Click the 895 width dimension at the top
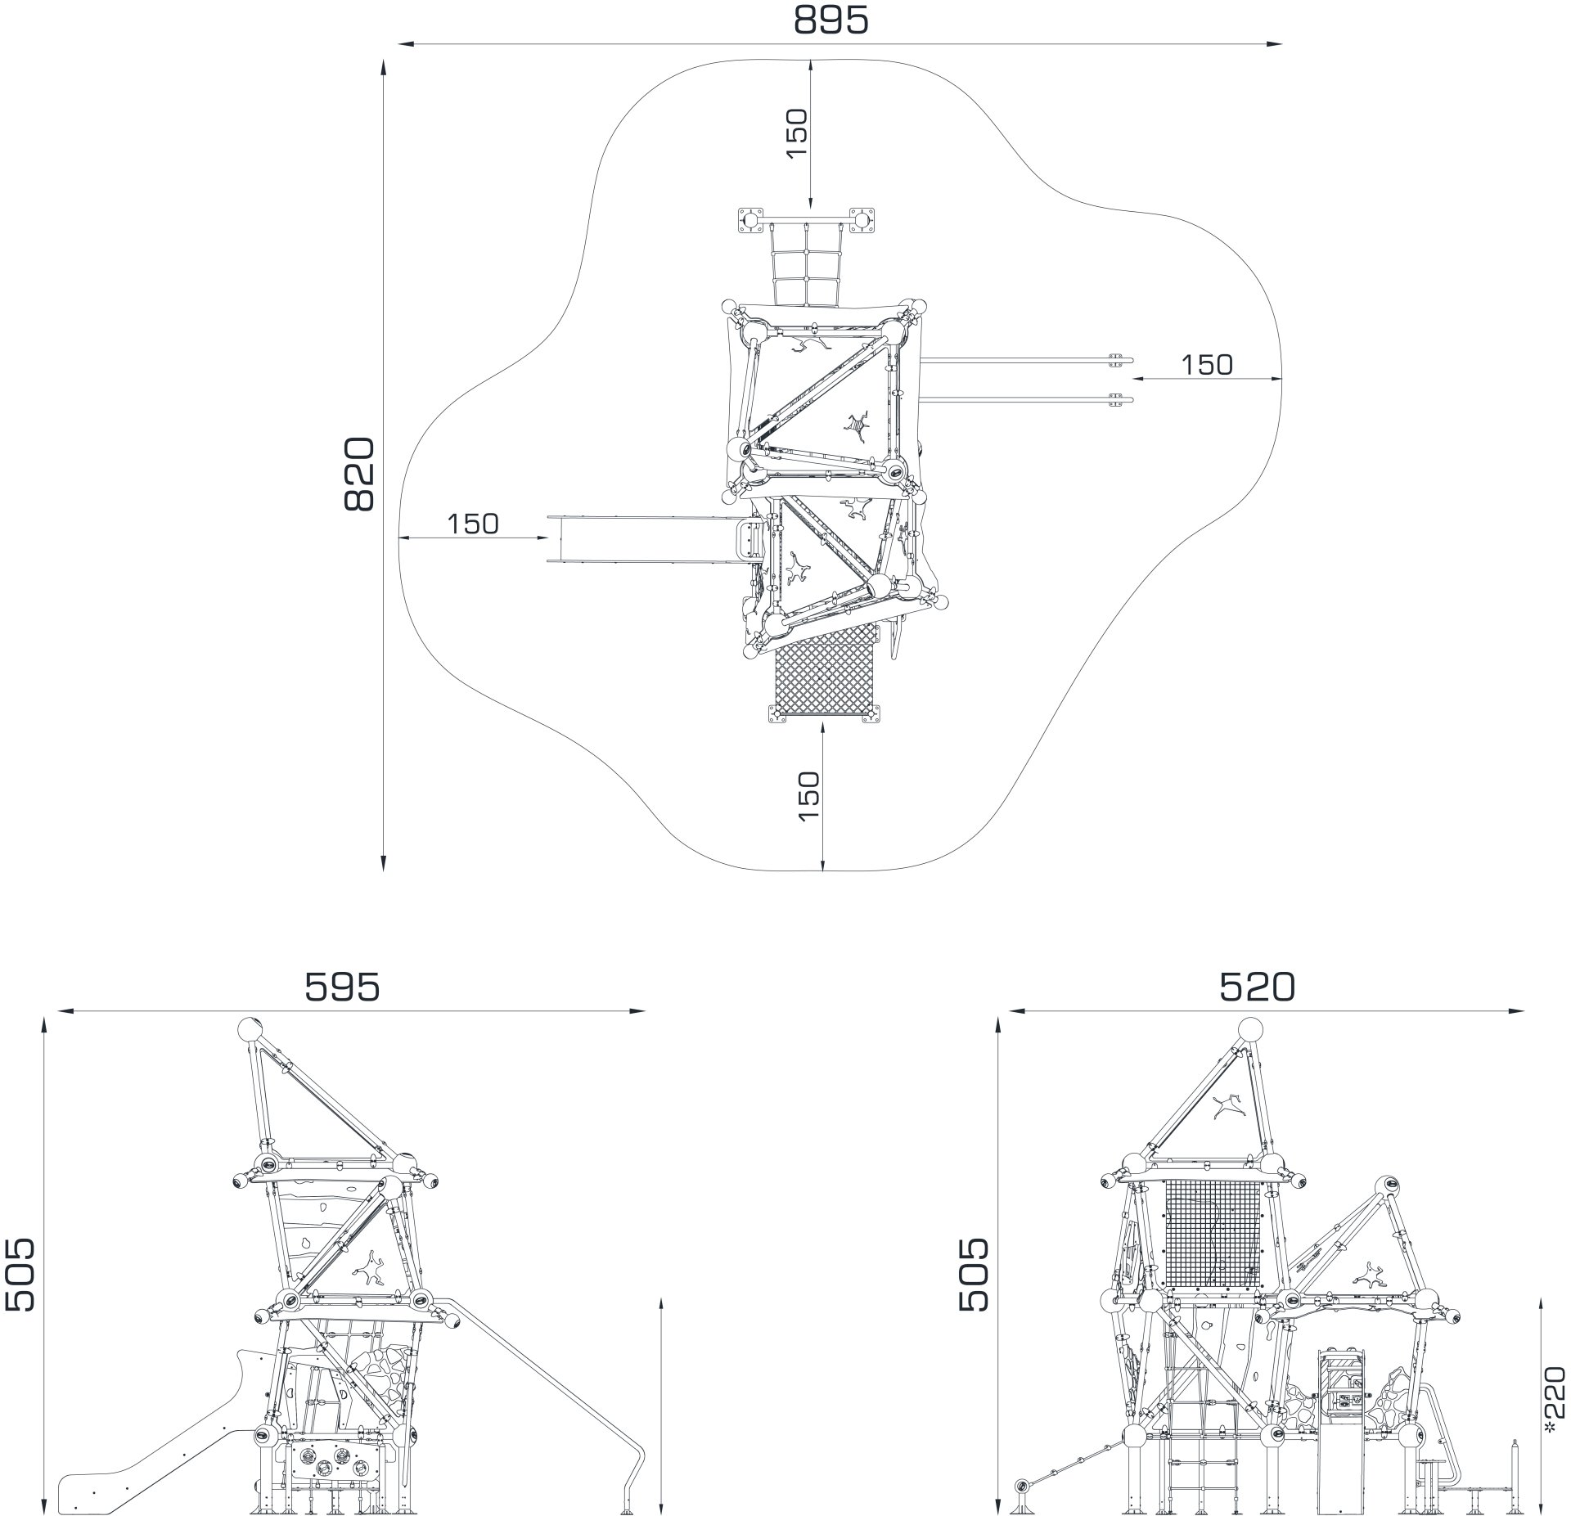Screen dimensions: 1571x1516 pos(831,21)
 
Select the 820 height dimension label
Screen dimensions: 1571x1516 pos(358,475)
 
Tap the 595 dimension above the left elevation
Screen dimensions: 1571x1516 pos(343,987)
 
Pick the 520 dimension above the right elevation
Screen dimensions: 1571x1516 pos(1258,987)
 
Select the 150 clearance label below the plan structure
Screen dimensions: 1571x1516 pos(808,797)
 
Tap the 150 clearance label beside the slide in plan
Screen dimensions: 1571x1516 pos(473,524)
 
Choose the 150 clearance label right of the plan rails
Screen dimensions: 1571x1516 pos(1207,365)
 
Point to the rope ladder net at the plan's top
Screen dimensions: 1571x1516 pos(807,267)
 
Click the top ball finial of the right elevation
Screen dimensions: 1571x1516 pos(1250,1029)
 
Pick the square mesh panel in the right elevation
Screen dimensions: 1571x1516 pos(1213,1235)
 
